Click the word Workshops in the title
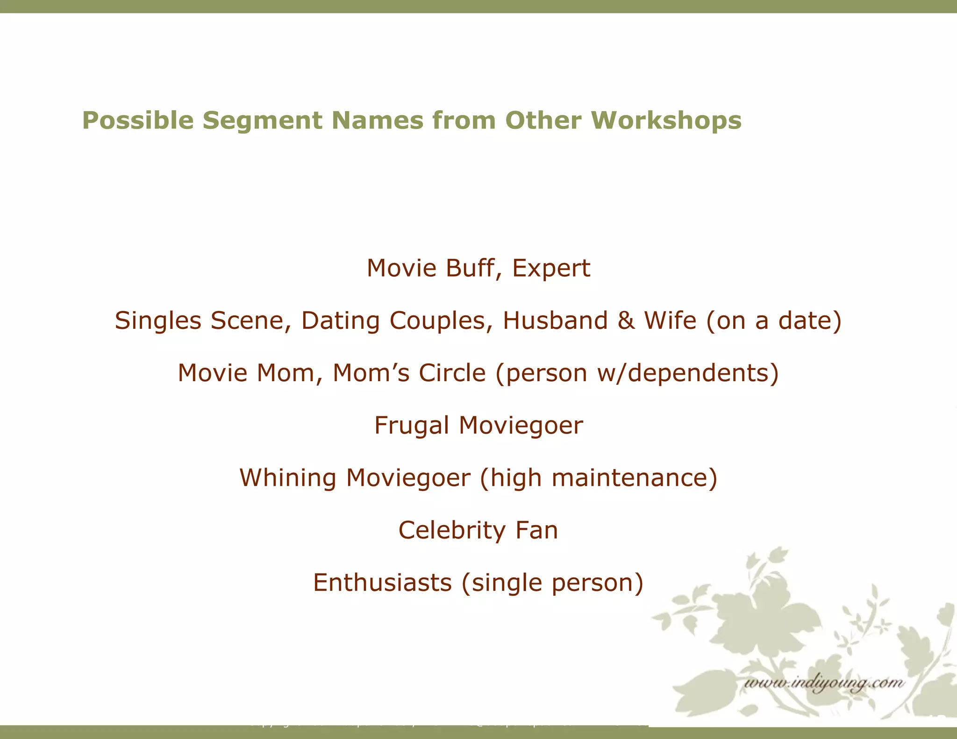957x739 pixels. tap(666, 121)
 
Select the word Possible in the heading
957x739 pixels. tap(138, 121)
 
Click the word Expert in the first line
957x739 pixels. tap(551, 269)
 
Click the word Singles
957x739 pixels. tap(157, 321)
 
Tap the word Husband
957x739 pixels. tap(555, 321)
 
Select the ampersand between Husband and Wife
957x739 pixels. tap(626, 321)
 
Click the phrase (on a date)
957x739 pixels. tap(774, 321)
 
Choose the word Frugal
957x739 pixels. tap(412, 426)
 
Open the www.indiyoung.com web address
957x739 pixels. tap(823, 683)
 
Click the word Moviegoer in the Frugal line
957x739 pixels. tap(521, 426)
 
